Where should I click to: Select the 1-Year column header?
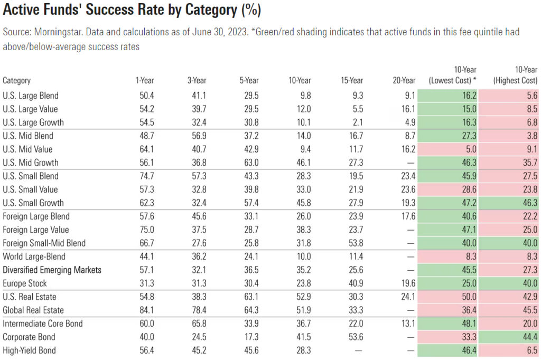[144, 81]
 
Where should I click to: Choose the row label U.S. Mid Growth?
[31, 163]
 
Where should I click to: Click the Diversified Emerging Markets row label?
[52, 270]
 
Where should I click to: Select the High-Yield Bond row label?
[29, 350]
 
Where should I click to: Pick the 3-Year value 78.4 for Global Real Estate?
[199, 310]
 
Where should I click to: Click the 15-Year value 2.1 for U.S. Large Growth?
[358, 122]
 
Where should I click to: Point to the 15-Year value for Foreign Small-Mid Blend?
[356, 243]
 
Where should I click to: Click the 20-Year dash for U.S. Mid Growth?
[412, 163]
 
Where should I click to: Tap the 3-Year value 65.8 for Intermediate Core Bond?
[199, 324]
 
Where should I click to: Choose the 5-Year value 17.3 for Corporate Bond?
[251, 337]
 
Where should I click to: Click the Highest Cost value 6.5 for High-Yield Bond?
[531, 350]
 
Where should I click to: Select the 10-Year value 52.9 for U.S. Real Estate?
[303, 297]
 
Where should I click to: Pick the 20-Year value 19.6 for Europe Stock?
[408, 283]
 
